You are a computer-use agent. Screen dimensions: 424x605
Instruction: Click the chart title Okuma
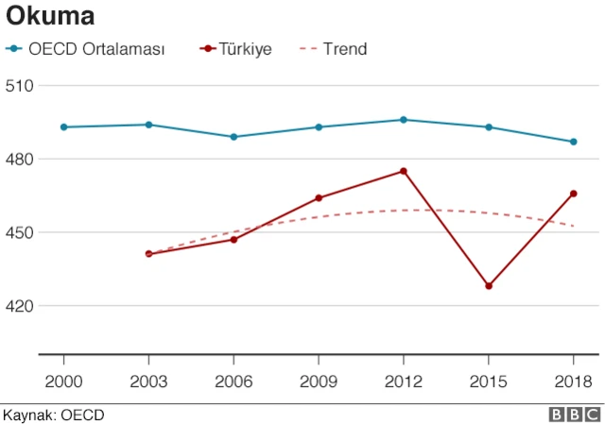coord(50,17)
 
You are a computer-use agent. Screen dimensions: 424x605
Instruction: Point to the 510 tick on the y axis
coord(20,86)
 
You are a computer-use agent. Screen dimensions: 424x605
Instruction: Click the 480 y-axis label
coord(20,160)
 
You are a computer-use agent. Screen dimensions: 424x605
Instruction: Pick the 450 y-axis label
coord(20,233)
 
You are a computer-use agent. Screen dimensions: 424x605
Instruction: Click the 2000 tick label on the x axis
coord(63,381)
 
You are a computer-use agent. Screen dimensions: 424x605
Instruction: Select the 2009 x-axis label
coord(319,381)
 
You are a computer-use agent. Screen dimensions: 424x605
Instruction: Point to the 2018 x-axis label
coord(573,381)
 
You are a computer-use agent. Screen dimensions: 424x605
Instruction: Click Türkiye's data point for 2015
coord(489,286)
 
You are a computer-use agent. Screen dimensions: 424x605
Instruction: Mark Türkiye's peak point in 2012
coord(404,171)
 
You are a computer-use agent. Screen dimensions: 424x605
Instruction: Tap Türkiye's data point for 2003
coord(148,254)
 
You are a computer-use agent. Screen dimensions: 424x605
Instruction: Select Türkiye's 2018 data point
coord(574,194)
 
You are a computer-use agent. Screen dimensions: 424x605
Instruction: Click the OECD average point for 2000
coord(63,127)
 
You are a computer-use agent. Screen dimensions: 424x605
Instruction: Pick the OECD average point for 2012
coord(404,120)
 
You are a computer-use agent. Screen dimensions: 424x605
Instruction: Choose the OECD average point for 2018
coord(574,142)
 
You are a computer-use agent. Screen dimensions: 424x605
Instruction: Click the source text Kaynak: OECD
coord(53,415)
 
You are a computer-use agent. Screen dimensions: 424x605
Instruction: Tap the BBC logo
coord(574,415)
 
